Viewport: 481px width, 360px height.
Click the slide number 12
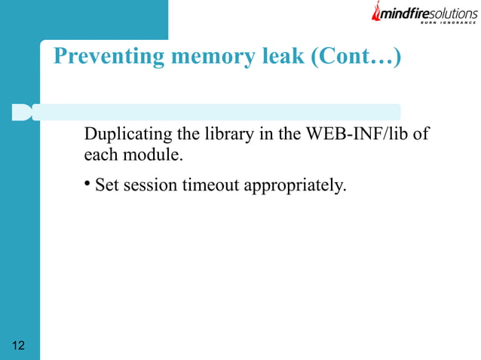pyautogui.click(x=19, y=346)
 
